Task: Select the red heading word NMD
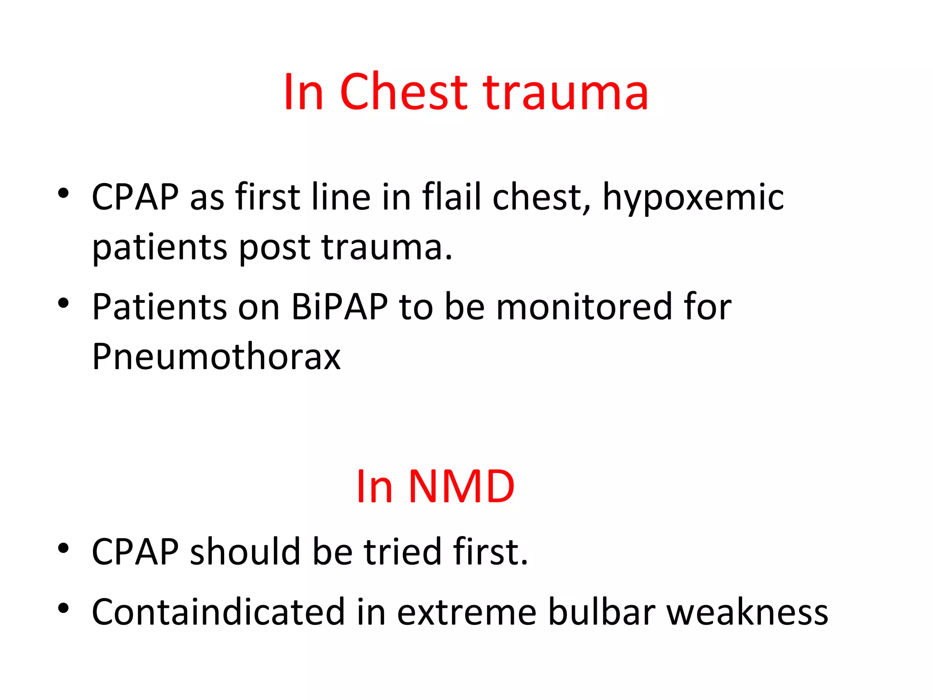[461, 487]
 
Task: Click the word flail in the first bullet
[451, 197]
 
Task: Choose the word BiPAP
[339, 306]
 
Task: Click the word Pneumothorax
[216, 356]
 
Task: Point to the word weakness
[747, 612]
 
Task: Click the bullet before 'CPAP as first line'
[63, 193]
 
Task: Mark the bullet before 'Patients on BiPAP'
[63, 303]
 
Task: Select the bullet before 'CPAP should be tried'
[63, 548]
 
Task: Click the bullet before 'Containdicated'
[63, 608]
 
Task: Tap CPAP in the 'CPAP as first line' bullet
[135, 197]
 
